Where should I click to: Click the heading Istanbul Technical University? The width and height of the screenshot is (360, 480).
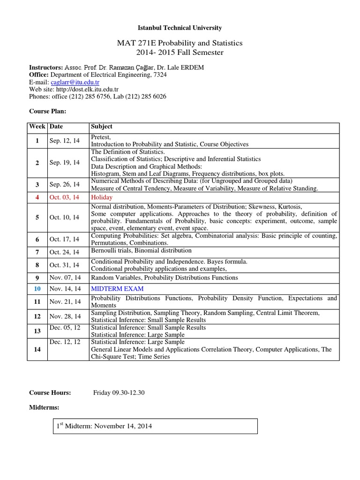180,28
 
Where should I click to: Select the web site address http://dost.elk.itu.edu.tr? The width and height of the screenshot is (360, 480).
89,89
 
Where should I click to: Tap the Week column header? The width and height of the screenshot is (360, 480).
37,127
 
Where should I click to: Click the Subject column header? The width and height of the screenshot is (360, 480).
102,127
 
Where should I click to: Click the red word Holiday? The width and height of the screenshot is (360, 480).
102,197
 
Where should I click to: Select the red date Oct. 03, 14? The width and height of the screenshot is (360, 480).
65,197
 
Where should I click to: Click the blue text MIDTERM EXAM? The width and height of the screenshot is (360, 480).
117,288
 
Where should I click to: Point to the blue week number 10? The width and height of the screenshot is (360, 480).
37,288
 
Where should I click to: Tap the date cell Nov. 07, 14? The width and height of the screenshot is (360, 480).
65,277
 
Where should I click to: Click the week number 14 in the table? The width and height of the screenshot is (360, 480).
37,349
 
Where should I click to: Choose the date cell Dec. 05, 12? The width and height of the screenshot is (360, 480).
65,328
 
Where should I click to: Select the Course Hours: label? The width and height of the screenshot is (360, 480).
50,392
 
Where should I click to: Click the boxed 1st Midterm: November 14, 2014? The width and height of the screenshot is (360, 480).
104,427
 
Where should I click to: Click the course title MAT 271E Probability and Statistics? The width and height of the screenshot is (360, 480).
180,43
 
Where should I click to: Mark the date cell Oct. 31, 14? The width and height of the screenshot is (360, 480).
65,265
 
